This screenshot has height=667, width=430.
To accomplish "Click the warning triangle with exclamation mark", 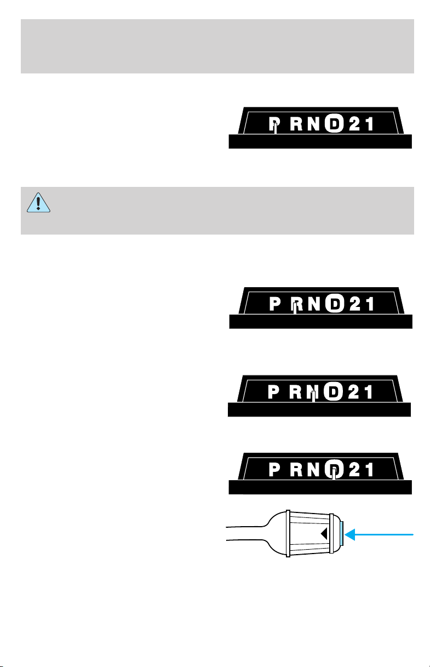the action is [x=38, y=203].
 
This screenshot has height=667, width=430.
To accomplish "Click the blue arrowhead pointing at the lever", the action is [x=349, y=534].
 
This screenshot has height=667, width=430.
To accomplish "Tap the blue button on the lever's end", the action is [x=341, y=534].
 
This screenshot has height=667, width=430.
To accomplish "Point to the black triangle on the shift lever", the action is [x=324, y=534].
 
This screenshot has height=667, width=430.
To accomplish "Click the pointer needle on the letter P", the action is [x=276, y=128].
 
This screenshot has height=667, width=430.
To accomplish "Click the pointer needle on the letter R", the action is [x=295, y=308].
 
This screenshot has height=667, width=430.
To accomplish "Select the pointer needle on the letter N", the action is [x=313, y=396].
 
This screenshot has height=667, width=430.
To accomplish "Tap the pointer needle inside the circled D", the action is [x=334, y=474].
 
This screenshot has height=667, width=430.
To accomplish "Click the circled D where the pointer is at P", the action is [x=334, y=123].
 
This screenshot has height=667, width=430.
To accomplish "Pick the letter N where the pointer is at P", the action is [x=314, y=124].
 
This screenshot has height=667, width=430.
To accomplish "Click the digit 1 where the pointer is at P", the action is [x=370, y=124].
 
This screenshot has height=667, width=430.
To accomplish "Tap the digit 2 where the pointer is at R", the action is [x=355, y=304].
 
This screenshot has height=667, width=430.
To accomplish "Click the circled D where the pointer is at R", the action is [x=335, y=304].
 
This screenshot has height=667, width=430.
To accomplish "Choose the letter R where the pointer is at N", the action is [x=295, y=392].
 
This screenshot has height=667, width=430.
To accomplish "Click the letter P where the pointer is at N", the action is [x=273, y=392].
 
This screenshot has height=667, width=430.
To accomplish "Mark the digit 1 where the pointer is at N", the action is [x=369, y=392].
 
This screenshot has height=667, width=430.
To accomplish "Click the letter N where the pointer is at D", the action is [x=314, y=470].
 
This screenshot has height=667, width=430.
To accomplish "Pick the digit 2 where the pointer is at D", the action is [x=354, y=470].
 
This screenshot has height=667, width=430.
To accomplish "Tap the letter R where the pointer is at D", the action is [x=296, y=470].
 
